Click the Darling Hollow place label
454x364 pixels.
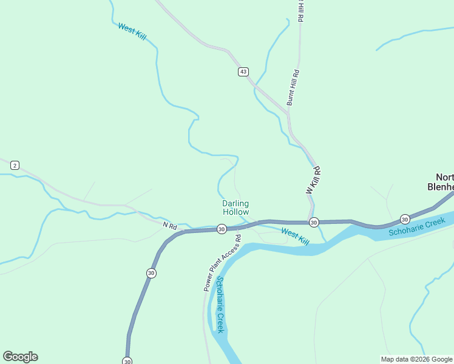coord(235,208)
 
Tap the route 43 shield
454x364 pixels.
coord(243,72)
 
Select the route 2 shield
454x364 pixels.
coord(15,165)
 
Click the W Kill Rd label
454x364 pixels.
coord(313,180)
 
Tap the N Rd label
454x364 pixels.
coord(170,226)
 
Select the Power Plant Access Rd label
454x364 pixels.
coord(222,263)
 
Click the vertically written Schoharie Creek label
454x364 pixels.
coord(220,305)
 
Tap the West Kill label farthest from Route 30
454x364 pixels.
coord(132,32)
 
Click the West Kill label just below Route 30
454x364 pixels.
coord(295,236)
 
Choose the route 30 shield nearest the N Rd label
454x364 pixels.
coord(222,229)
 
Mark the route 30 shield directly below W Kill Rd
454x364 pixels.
coord(313,223)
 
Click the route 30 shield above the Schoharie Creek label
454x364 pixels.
coord(405,218)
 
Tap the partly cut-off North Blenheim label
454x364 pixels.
coord(441,183)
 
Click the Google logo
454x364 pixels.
coord(20,357)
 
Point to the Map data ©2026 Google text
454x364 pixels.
coord(416,359)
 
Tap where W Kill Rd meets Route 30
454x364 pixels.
coord(313,223)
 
